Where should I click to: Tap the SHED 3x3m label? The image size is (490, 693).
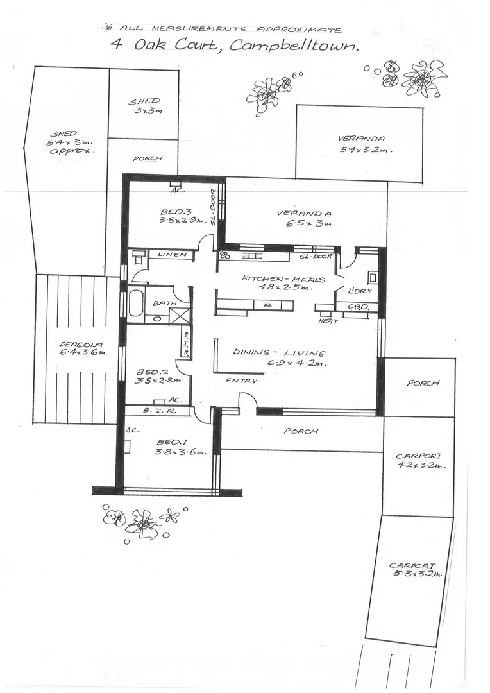coord(144,106)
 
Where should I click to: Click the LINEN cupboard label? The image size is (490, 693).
coord(171,255)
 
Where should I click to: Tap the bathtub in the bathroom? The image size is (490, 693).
coord(136,304)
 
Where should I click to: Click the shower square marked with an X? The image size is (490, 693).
coord(180,315)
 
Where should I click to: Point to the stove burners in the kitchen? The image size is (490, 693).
coord(224,255)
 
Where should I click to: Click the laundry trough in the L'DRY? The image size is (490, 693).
coord(373,277)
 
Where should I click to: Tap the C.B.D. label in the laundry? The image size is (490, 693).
coord(358,307)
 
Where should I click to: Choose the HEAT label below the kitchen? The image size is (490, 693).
coord(328,321)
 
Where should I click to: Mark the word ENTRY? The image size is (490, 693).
coord(241,381)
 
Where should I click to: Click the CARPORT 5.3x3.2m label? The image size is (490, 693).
coord(416,570)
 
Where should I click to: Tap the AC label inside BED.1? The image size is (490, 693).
coord(133,430)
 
